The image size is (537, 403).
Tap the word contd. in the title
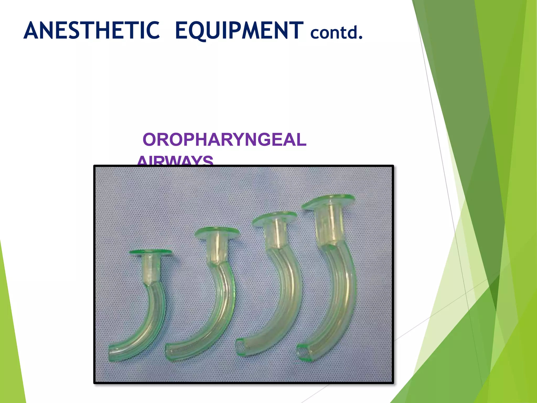coord(336,33)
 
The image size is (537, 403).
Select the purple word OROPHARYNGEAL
coord(224,140)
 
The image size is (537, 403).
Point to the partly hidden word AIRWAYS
coord(175,161)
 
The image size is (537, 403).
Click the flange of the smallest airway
coord(151,252)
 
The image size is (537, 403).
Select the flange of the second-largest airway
coord(274,218)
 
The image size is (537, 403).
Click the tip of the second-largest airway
coord(240,347)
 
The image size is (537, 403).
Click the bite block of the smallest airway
coord(151,269)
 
